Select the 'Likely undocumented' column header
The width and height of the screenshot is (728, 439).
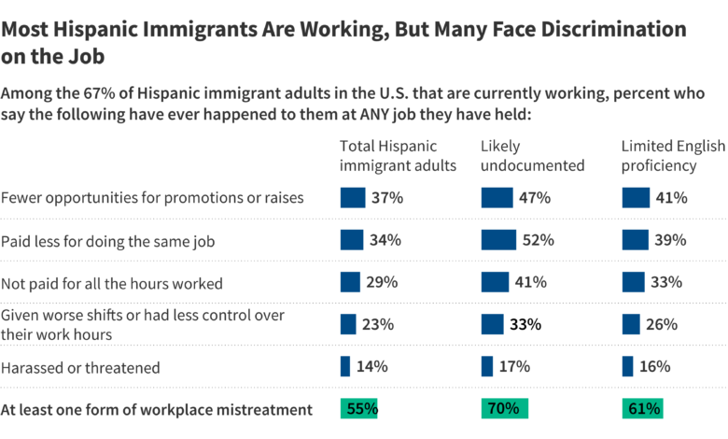[532, 156]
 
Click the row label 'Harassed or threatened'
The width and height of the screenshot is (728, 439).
[81, 367]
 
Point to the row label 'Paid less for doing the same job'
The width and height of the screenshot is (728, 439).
[108, 241]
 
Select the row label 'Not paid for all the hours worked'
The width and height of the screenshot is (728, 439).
[112, 283]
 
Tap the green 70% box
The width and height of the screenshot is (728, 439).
[505, 408]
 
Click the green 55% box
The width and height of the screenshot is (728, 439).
[359, 408]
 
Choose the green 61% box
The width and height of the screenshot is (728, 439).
[644, 408]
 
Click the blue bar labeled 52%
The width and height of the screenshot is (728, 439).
[499, 240]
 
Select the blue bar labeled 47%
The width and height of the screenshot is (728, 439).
[497, 198]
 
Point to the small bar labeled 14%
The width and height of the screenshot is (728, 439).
[345, 366]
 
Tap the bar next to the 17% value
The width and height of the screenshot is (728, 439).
[487, 366]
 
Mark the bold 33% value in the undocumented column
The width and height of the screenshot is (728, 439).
[524, 324]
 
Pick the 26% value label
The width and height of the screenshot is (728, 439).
[661, 324]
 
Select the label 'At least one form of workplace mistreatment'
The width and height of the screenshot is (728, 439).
[156, 409]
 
